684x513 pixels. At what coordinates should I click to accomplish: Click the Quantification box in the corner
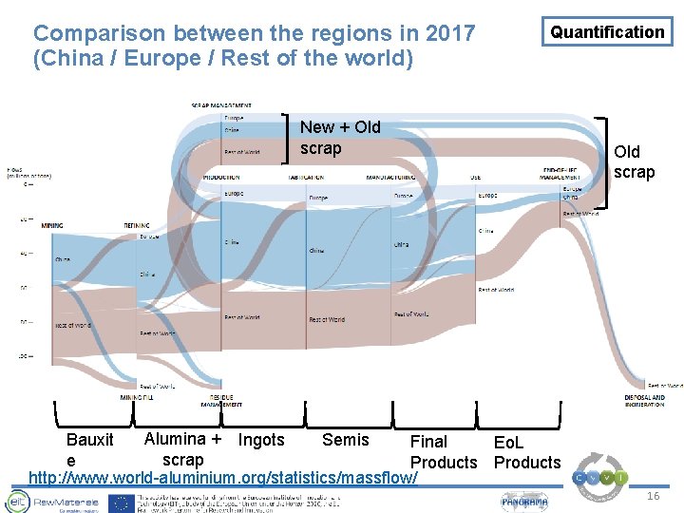tap(607, 32)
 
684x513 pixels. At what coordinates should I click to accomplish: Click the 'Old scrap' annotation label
tap(633, 161)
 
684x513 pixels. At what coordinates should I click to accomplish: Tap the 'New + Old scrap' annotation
tap(339, 137)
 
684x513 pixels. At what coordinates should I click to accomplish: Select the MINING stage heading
tap(52, 226)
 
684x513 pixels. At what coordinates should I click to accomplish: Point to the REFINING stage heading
tap(136, 226)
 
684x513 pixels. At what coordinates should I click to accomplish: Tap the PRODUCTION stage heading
tap(220, 177)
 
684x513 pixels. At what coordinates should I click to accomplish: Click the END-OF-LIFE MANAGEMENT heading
tap(560, 173)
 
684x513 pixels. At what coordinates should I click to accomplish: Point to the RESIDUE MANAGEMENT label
tap(220, 401)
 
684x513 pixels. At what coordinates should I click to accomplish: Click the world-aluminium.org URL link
tap(223, 476)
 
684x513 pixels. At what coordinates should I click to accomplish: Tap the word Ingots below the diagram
tap(260, 440)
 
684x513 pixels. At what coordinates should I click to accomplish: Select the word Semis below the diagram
tap(346, 440)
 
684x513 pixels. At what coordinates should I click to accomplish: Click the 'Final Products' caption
tap(443, 452)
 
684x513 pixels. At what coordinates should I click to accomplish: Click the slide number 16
tap(653, 496)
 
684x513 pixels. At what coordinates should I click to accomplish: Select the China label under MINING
tap(63, 258)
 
